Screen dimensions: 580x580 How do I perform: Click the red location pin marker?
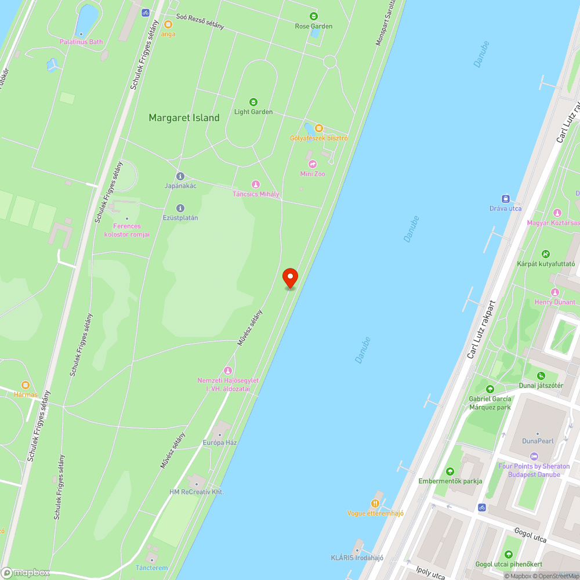[290, 277]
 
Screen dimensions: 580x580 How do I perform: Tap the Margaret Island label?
[184, 118]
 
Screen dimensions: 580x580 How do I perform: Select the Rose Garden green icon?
[314, 16]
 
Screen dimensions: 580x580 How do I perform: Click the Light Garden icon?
[253, 102]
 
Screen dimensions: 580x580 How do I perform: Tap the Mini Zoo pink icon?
[313, 164]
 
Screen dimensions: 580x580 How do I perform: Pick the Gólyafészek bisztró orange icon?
[318, 128]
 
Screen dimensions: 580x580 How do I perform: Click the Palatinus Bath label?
[81, 42]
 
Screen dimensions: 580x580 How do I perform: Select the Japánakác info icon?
[180, 176]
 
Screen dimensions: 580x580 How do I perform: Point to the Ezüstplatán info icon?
[180, 208]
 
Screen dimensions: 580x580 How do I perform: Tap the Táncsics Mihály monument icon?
[255, 184]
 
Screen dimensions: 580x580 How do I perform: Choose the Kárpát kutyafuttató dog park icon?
[545, 254]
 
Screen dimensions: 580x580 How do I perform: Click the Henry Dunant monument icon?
[555, 292]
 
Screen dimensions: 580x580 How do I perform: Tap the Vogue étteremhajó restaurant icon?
[375, 503]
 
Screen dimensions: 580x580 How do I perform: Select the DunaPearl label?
[538, 441]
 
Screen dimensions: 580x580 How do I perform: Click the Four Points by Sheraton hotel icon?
[534, 456]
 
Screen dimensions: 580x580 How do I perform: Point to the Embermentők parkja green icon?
[450, 471]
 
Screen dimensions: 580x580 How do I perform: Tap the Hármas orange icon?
[26, 385]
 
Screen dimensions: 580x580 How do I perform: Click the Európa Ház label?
[219, 443]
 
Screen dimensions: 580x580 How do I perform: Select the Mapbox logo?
[26, 572]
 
